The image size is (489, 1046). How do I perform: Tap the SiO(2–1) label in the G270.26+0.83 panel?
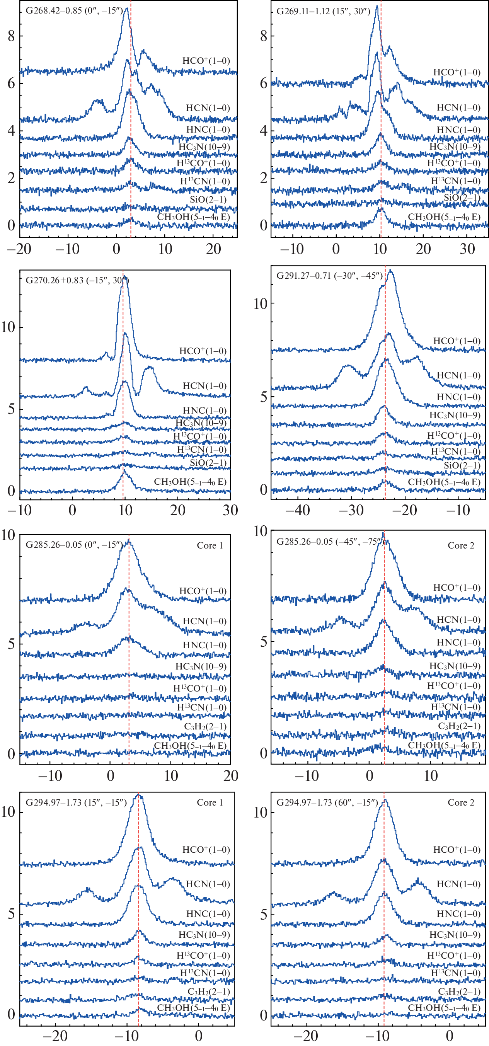pos(208,463)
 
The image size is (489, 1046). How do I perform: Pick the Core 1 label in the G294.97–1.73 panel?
pos(210,802)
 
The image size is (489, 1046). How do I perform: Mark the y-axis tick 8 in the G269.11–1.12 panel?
pos(264,36)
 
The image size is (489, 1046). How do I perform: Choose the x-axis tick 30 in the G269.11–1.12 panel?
pos(467,249)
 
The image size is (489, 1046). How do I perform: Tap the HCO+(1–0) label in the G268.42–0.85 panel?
pos(206,61)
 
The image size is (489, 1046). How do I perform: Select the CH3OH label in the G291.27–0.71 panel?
pos(444,482)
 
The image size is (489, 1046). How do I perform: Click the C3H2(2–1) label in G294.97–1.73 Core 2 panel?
pos(459,991)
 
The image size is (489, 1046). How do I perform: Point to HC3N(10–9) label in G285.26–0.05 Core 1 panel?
pos(201,666)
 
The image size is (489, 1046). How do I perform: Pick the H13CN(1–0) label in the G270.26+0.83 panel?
pos(201,450)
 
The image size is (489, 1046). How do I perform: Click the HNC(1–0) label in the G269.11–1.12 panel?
pos(458,130)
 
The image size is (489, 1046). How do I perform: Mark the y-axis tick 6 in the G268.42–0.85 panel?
pos(11,83)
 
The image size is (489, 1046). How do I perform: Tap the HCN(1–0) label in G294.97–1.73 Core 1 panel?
pos(208,884)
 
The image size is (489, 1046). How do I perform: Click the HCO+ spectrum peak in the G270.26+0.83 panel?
pos(125,277)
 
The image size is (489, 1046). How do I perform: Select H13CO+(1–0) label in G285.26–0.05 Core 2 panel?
pos(453,685)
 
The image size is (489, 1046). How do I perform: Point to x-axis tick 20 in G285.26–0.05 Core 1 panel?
pos(230,775)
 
